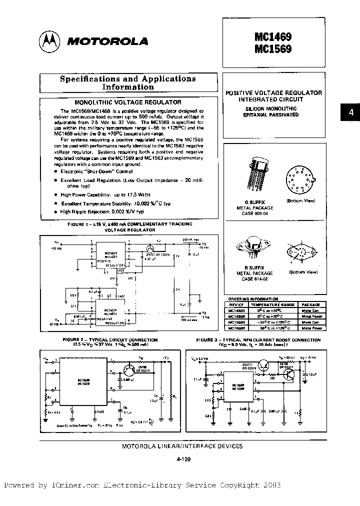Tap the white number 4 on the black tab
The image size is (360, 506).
pos(350,113)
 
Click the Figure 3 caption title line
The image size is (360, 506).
pos(258,339)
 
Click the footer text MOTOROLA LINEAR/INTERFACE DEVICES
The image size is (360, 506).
pos(182,446)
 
